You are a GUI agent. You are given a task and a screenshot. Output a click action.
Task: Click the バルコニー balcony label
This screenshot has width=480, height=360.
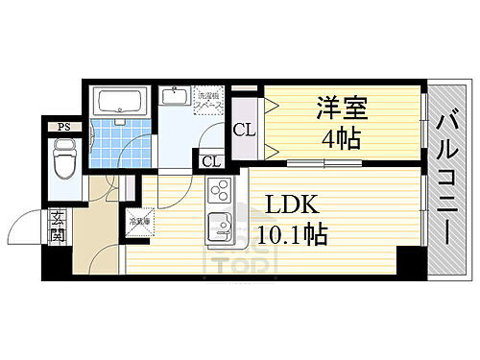point(446,178)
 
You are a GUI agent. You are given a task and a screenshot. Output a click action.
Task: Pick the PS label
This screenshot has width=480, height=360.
point(64,127)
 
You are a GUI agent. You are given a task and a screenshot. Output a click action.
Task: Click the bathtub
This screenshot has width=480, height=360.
point(119,101)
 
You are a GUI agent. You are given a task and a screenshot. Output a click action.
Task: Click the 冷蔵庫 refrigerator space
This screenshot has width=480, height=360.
point(139,222)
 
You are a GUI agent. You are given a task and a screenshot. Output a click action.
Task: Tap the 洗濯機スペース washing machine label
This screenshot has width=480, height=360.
point(210,99)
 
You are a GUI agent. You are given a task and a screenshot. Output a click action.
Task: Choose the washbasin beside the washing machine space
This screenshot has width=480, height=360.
point(175,97)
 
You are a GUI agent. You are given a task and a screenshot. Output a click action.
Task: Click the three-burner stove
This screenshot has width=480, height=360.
point(217,193)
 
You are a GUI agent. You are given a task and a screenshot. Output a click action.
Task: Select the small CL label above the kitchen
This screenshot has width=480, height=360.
point(210,161)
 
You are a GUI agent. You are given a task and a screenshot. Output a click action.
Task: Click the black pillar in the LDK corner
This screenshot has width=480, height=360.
point(410,259)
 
